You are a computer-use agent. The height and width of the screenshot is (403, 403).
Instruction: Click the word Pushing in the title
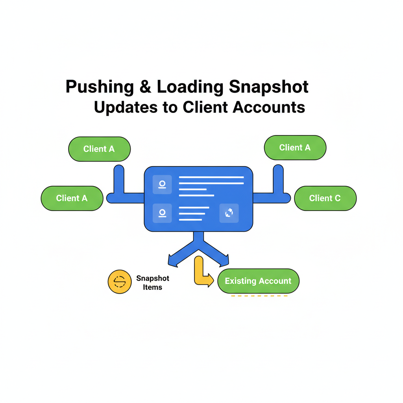pyautogui.click(x=100, y=87)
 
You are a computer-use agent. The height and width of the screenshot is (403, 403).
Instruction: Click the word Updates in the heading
pyautogui.click(x=126, y=107)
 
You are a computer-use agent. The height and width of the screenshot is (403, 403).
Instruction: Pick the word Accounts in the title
pyautogui.click(x=269, y=107)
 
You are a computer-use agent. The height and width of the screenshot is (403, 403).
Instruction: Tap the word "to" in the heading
pyautogui.click(x=170, y=107)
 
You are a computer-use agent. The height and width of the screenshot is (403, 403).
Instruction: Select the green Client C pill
pyautogui.click(x=325, y=198)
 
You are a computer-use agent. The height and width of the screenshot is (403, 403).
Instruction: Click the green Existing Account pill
pyautogui.click(x=258, y=281)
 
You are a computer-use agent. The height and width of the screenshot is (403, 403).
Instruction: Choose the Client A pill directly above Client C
pyautogui.click(x=295, y=148)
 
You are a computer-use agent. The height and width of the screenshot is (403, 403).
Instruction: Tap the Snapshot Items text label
pyautogui.click(x=153, y=283)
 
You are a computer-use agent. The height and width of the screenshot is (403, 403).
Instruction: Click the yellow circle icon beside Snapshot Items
pyautogui.click(x=119, y=282)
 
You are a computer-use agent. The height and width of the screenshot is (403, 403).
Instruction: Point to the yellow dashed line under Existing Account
pyautogui.click(x=259, y=296)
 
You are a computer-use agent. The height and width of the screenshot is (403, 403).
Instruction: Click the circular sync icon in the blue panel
pyautogui.click(x=229, y=213)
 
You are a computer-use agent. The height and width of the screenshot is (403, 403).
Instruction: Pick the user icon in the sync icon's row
pyautogui.click(x=162, y=213)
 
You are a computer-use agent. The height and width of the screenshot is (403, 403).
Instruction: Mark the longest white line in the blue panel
pyautogui.click(x=211, y=177)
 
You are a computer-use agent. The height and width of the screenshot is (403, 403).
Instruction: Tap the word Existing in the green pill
pyautogui.click(x=240, y=281)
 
